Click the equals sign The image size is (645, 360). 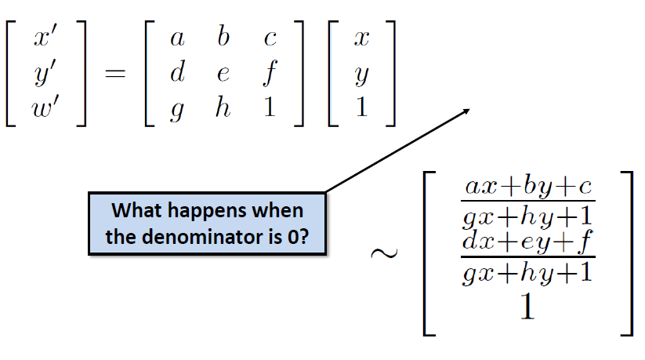pos(115,75)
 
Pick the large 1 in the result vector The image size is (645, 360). pos(527,307)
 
